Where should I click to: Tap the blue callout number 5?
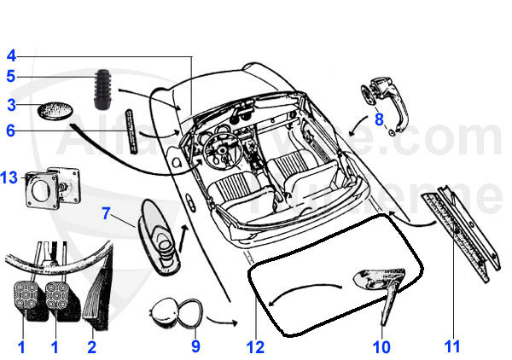[x=11, y=77]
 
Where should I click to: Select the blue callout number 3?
[x=11, y=106]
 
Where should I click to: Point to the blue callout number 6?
[x=11, y=131]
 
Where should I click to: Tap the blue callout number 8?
[x=379, y=119]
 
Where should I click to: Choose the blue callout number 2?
[x=92, y=346]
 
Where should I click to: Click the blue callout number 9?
[x=195, y=346]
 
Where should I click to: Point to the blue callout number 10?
[x=381, y=346]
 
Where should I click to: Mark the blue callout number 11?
[x=452, y=346]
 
